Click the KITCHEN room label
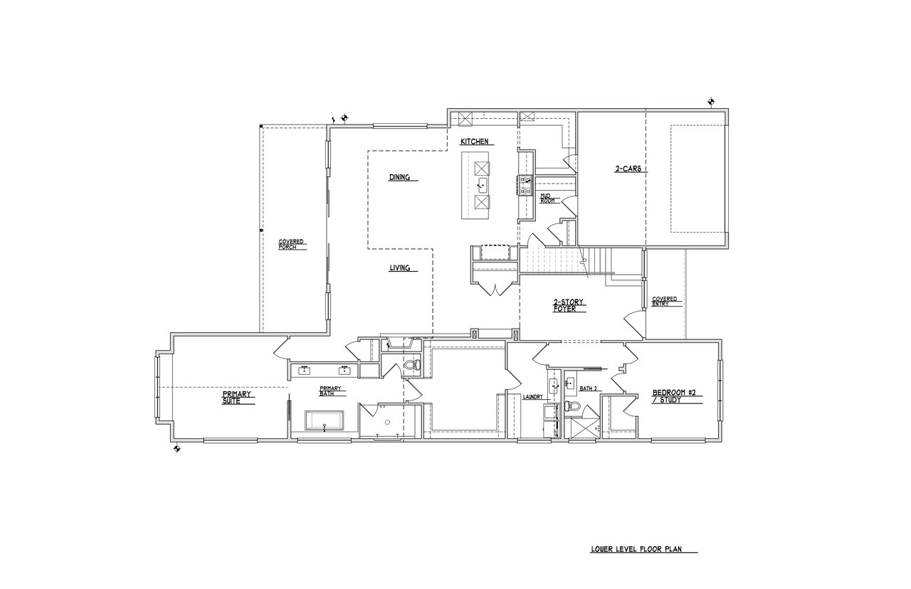[474, 142]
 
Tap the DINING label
[399, 177]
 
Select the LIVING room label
[399, 268]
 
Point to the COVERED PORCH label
[291, 244]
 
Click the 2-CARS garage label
[628, 169]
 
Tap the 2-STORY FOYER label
[568, 305]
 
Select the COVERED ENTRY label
[665, 301]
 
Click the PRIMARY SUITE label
[236, 398]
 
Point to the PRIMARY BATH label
[330, 391]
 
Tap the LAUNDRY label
[533, 397]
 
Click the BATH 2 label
[588, 388]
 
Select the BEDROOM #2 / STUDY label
[674, 396]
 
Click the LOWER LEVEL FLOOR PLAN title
[636, 549]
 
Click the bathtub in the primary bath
[325, 420]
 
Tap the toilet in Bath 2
[572, 406]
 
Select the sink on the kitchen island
[483, 186]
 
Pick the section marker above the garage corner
[711, 101]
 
